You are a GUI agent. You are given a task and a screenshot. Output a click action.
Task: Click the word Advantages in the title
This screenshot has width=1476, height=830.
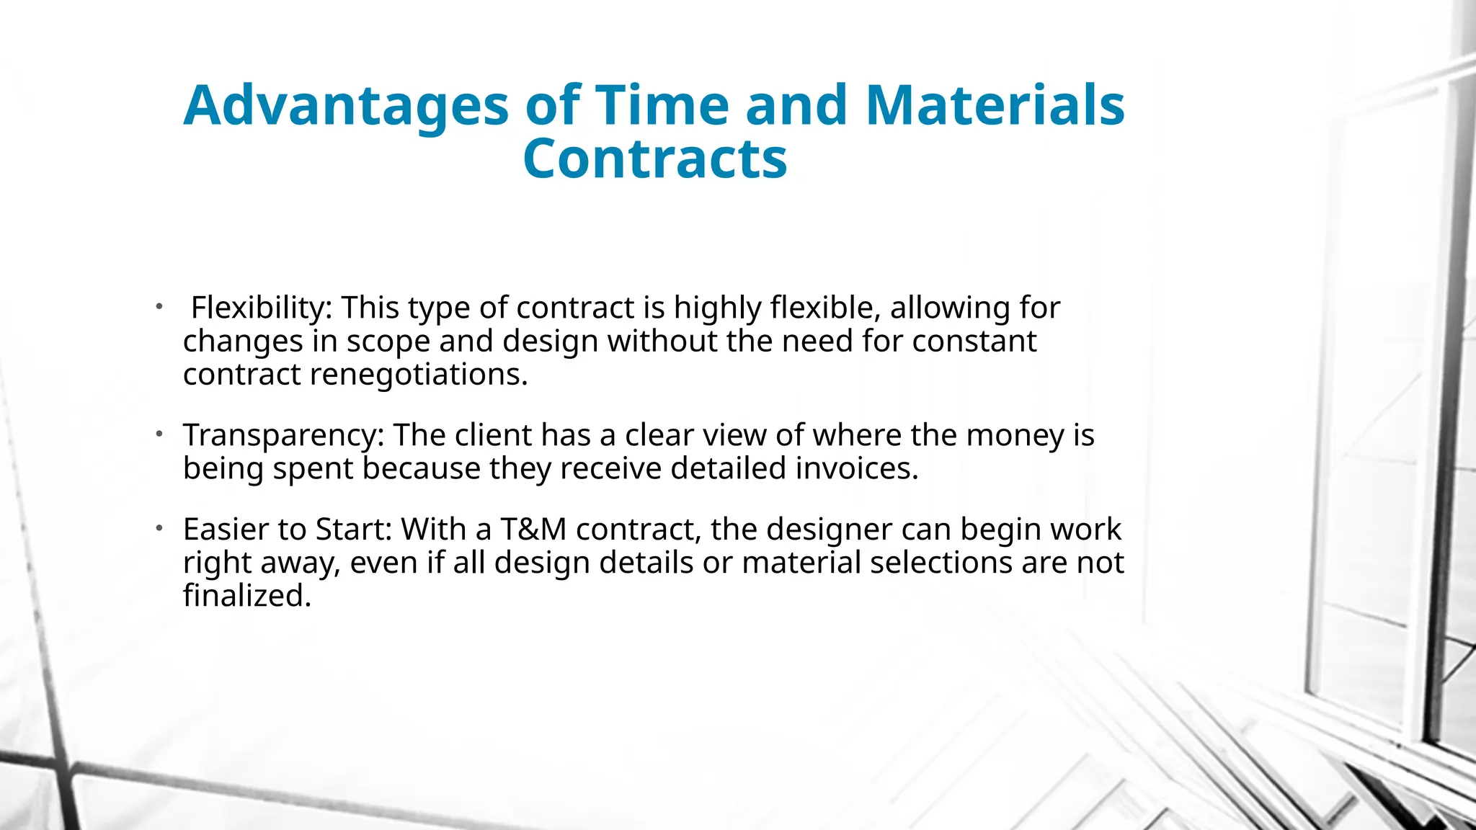pyautogui.click(x=346, y=106)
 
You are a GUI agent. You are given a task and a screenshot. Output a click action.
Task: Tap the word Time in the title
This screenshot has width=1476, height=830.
pyautogui.click(x=662, y=106)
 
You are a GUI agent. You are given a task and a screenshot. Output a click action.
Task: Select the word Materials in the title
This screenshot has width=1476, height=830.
pyautogui.click(x=995, y=106)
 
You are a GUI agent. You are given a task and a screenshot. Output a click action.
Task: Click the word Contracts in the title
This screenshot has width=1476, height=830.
pyautogui.click(x=655, y=159)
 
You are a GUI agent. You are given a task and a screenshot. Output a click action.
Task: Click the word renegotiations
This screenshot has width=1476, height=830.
pyautogui.click(x=419, y=375)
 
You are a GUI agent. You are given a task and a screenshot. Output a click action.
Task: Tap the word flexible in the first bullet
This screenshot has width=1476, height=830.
pyautogui.click(x=825, y=308)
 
